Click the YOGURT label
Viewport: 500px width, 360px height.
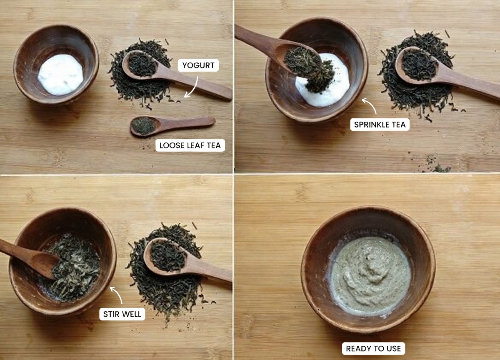tap(198, 65)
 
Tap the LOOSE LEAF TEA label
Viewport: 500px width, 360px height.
tap(190, 145)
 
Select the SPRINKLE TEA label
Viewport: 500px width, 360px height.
tap(380, 124)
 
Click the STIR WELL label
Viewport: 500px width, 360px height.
tap(122, 314)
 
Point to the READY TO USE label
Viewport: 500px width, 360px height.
tap(373, 348)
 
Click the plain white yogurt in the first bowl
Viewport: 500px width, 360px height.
tap(60, 74)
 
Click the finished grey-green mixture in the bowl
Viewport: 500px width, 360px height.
tap(370, 275)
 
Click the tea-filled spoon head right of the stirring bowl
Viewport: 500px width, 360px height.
tap(167, 255)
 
